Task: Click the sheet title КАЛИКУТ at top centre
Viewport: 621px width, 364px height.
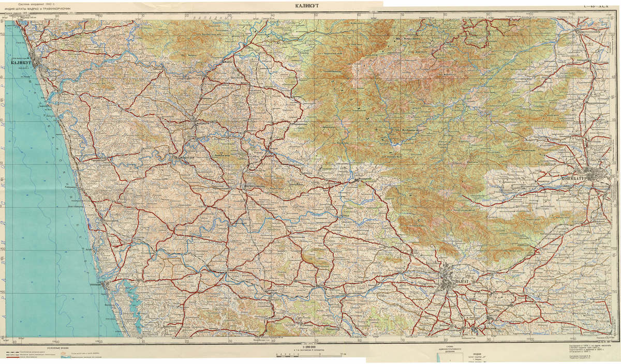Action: [309, 5]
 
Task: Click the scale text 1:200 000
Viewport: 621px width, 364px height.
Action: [307, 348]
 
